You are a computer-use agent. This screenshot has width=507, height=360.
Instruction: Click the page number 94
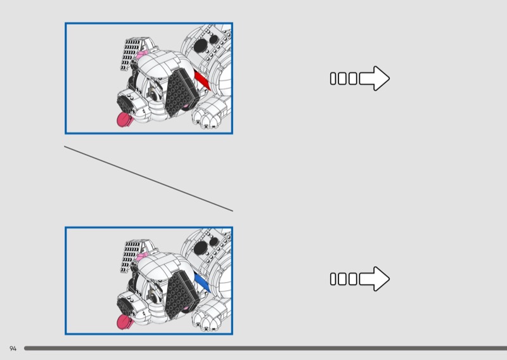13,349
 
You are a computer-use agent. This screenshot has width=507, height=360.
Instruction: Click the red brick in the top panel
202,80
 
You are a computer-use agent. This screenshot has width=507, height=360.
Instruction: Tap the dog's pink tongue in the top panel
125,119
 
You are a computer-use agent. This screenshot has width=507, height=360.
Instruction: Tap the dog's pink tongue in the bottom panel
125,321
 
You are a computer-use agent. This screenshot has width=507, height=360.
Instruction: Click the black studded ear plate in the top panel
181,93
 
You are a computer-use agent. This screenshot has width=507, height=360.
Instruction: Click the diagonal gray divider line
148,179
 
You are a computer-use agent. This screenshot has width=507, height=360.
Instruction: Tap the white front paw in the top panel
209,114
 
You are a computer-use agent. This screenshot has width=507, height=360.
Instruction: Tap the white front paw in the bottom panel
209,316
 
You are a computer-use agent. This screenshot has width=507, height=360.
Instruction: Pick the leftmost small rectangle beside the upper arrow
333,79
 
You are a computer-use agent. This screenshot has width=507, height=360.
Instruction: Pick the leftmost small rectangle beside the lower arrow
333,279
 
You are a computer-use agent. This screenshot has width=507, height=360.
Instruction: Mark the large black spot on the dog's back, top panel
201,44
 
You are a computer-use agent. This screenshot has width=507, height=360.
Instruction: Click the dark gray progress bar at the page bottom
266,348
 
